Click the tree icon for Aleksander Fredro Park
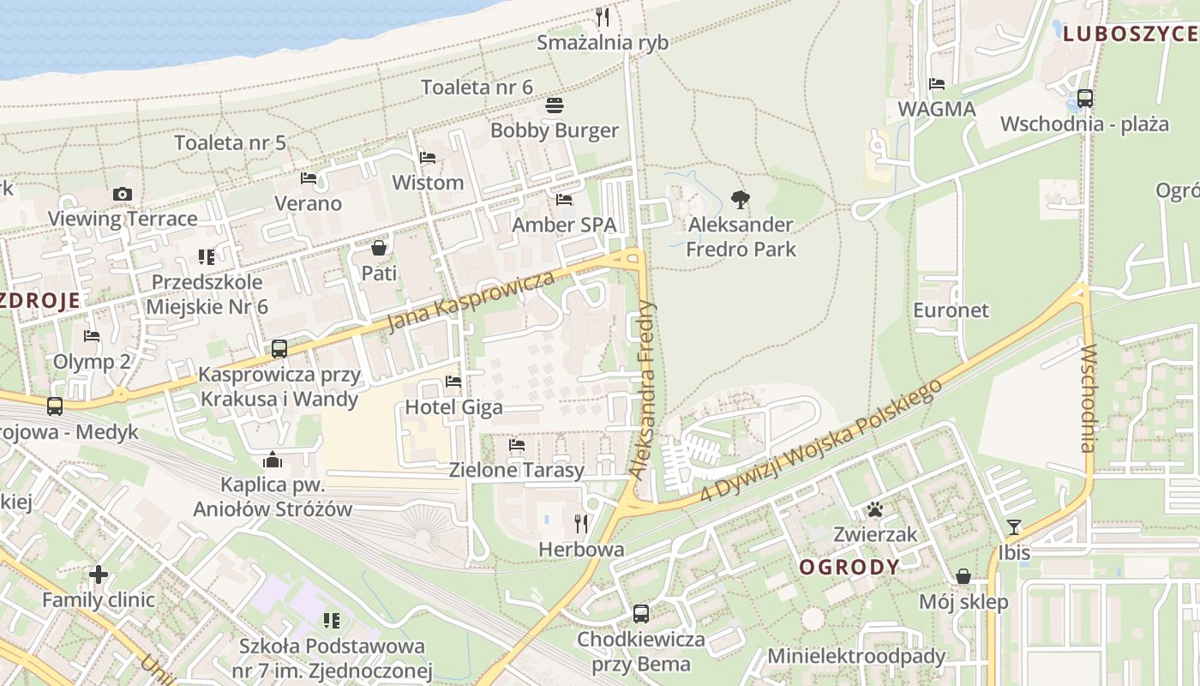741,201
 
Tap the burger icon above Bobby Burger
555,106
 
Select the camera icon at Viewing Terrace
123,194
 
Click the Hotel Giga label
453,406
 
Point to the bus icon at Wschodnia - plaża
1085,99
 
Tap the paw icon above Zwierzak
874,510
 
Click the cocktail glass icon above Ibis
1014,527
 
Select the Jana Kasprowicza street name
471,302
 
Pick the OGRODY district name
849,567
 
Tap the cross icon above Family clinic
99,575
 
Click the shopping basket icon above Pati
379,249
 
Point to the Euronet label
951,310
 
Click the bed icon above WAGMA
937,84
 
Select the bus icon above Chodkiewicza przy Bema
640,614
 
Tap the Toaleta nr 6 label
477,87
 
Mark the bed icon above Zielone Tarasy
517,445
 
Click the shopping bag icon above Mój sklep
963,577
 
